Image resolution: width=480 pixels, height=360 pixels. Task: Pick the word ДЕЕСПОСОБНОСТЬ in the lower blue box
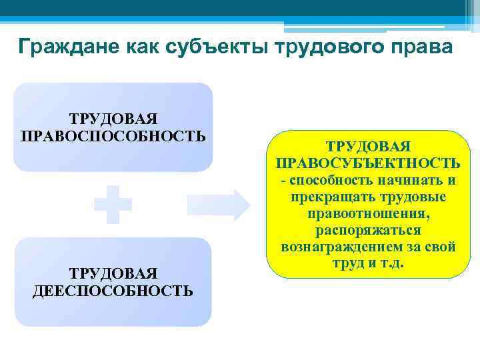click(113, 291)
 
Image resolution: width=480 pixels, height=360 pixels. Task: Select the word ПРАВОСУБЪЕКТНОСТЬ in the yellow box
click(367, 163)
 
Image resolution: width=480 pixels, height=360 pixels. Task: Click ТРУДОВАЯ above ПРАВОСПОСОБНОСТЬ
click(113, 119)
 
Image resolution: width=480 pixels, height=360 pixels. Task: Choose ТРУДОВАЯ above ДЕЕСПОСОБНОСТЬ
click(113, 273)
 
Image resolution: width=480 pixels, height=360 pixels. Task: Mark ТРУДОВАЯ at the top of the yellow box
click(367, 146)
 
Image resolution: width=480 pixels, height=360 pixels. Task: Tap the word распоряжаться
click(368, 231)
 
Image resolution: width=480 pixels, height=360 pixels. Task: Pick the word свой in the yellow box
click(441, 247)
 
